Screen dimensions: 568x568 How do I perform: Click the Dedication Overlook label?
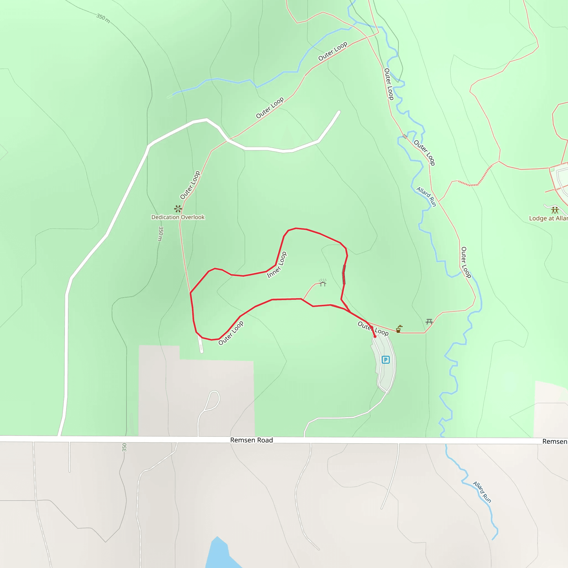178,217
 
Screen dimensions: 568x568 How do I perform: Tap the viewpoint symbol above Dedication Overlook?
178,209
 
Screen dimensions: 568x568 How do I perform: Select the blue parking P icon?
386,359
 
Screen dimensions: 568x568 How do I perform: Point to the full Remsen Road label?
251,440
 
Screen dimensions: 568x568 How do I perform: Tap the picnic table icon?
429,322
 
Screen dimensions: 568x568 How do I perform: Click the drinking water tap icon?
399,329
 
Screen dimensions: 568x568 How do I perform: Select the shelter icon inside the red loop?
323,283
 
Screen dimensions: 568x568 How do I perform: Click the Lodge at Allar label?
548,218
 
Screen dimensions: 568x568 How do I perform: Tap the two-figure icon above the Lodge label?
555,210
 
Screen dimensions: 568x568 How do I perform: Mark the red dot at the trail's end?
375,336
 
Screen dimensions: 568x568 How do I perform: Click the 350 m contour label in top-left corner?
103,19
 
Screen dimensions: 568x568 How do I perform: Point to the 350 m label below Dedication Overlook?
161,234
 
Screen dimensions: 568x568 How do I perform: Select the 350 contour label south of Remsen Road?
124,447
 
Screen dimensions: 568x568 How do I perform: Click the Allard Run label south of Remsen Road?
482,492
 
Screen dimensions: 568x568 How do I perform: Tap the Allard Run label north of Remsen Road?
426,197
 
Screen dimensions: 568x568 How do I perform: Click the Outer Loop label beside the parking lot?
373,329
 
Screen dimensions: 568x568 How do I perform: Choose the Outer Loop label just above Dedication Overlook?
190,185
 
